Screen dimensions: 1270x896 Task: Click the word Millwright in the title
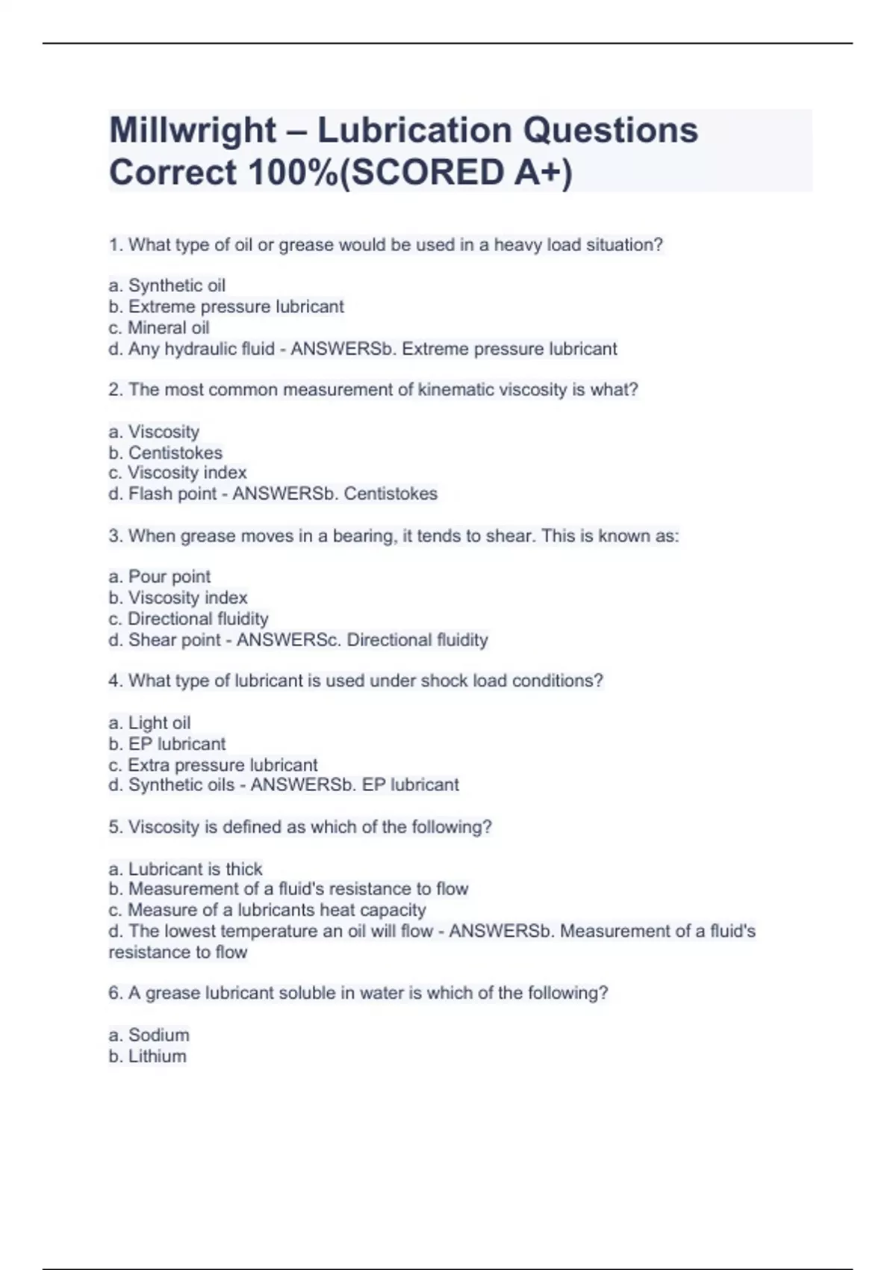[x=193, y=131]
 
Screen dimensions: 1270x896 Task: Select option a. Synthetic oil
[x=167, y=285]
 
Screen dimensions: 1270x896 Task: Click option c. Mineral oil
[x=159, y=327]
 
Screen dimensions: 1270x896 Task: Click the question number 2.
[x=114, y=390]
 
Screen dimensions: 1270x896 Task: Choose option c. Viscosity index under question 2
[x=178, y=473]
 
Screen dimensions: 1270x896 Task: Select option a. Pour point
[x=160, y=577]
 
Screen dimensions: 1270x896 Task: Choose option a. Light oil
[x=149, y=723]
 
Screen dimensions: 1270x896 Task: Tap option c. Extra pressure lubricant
[x=213, y=765]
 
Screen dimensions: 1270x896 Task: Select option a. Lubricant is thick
[x=186, y=869]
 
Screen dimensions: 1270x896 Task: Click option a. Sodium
[x=149, y=1035]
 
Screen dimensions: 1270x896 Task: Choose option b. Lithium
[x=148, y=1056]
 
